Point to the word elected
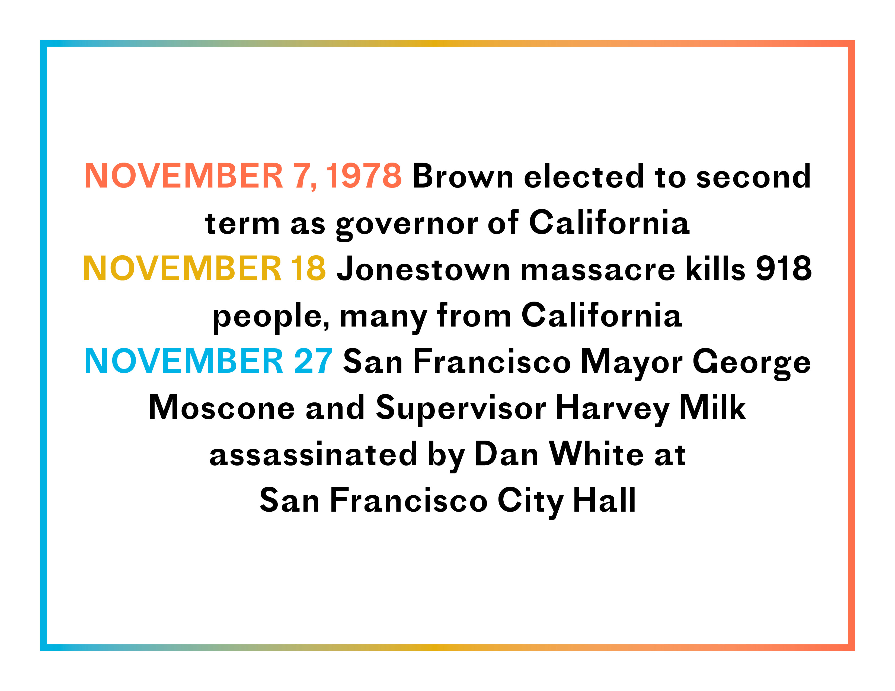click(x=584, y=176)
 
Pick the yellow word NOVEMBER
click(x=182, y=269)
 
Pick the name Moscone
click(x=222, y=408)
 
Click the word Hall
click(x=605, y=500)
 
